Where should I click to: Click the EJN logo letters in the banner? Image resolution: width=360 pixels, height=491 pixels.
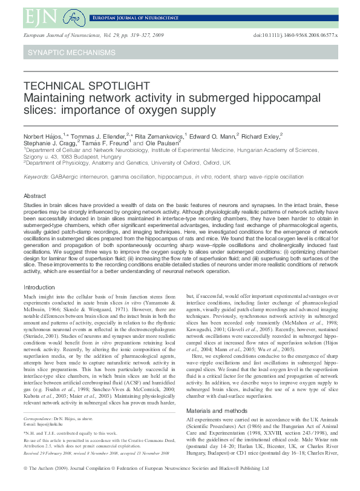tap(38, 16)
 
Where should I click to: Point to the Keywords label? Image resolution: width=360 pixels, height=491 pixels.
tap(36, 177)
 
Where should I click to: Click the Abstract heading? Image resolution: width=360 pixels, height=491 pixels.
tap(34, 196)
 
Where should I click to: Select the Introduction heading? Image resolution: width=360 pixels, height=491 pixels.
tap(39, 287)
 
